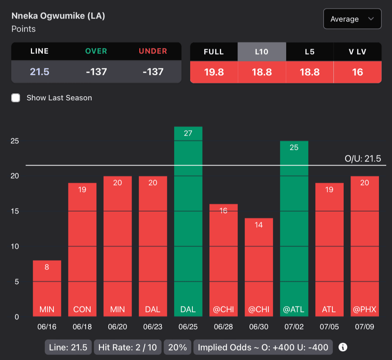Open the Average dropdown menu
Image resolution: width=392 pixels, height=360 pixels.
click(x=352, y=19)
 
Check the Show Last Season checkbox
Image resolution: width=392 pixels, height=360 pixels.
click(x=16, y=98)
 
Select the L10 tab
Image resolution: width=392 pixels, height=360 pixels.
click(x=261, y=52)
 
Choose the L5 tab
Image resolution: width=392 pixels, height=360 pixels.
click(x=309, y=52)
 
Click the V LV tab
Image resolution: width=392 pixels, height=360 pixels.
click(x=357, y=52)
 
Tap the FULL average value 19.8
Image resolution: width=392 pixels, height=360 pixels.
click(x=214, y=72)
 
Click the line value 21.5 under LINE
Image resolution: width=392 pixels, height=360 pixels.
click(x=40, y=72)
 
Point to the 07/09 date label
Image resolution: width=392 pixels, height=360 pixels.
click(x=364, y=327)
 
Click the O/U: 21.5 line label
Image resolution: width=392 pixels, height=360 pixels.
click(x=365, y=159)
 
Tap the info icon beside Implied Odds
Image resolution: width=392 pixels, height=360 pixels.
click(x=343, y=347)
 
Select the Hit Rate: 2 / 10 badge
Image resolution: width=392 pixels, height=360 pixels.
click(x=128, y=347)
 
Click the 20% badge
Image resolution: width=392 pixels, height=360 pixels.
click(x=177, y=347)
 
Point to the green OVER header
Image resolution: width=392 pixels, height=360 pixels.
click(x=96, y=51)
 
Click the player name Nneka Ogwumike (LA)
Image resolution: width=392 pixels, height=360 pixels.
click(x=58, y=16)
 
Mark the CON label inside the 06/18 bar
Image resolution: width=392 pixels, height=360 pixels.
click(x=82, y=309)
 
